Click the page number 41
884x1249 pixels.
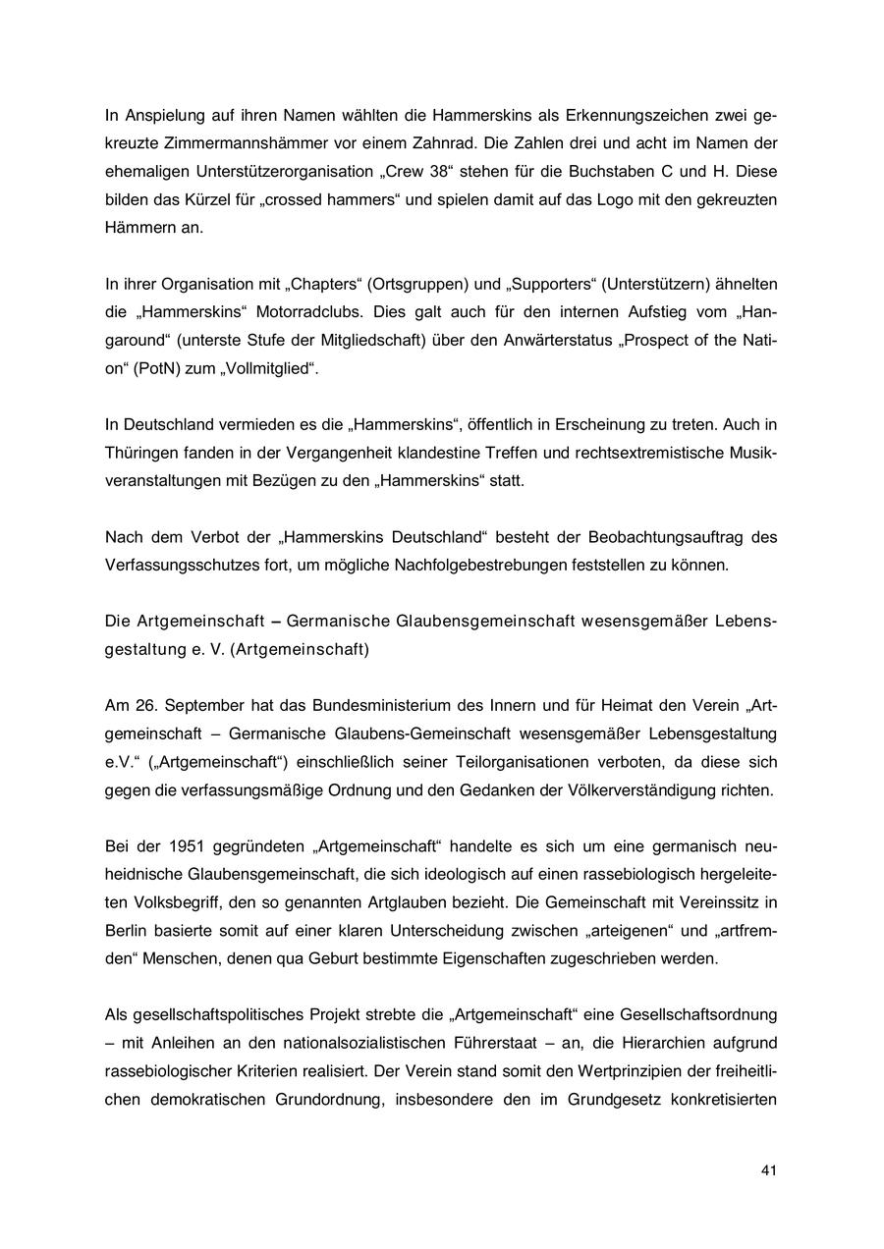769,1170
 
